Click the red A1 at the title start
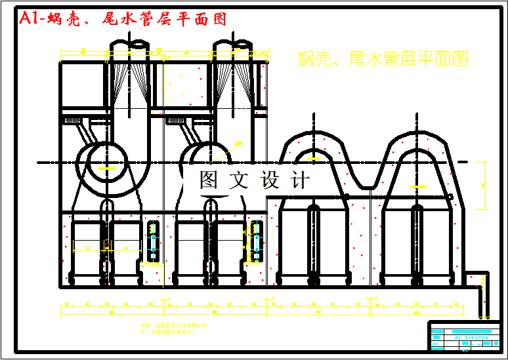32,19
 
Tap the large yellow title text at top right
383,60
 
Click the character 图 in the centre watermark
209,179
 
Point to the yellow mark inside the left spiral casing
103,169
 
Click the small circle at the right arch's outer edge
450,197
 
